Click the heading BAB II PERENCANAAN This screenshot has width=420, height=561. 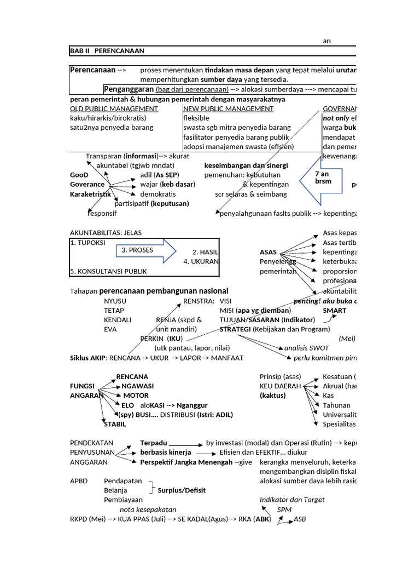pos(107,51)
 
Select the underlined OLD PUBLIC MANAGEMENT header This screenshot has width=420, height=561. pos(114,108)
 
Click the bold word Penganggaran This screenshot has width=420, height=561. pos(129,89)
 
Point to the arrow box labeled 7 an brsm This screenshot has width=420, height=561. pos(323,178)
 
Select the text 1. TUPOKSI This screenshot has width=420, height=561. pos(88,243)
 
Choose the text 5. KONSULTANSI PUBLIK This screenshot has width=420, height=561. pos(108,271)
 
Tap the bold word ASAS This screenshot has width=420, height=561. pos(268,253)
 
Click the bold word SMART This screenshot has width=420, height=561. pos(335,310)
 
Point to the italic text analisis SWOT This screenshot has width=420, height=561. pos(307,347)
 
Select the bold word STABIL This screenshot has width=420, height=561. pos(115,423)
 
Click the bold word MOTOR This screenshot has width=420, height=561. pos(136,395)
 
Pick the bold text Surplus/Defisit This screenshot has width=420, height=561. pos(182,490)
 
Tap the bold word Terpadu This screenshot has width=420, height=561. pos(154,443)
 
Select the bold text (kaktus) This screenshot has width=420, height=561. pos(273,395)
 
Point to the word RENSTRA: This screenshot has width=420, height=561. pos(199,301)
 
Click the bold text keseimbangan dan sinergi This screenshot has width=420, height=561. pos(246,165)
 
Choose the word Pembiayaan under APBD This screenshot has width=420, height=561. pos(123,500)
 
